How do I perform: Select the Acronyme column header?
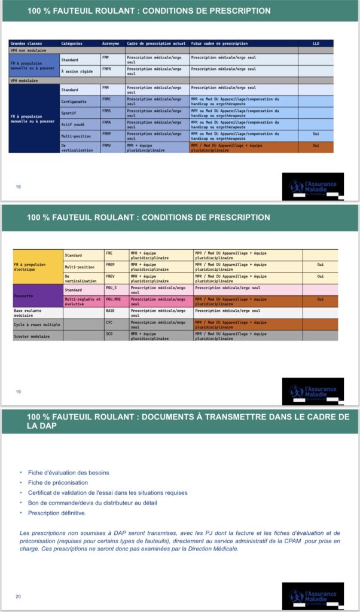pos(111,44)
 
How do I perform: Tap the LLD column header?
pos(316,44)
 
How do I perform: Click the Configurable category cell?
pos(74,101)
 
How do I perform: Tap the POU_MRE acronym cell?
pos(114,299)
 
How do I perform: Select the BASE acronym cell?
pos(110,311)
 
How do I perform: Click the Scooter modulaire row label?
pos(32,336)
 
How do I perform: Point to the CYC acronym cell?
pos(109,322)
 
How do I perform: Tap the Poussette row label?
pos(24,295)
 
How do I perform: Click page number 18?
pos(18,187)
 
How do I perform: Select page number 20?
pos(18,596)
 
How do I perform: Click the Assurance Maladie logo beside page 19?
pos(313,391)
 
